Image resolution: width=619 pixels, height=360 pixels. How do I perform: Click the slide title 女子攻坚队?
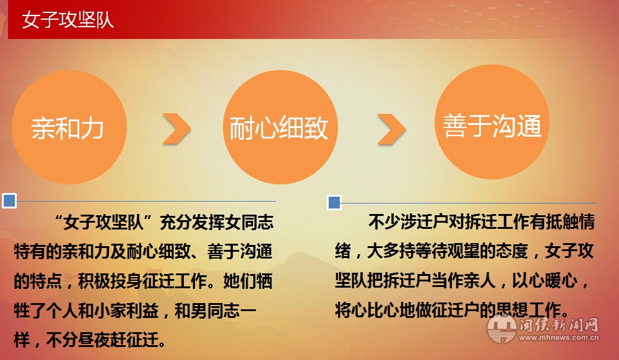click(67, 20)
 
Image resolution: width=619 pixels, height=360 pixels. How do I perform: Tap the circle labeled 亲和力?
click(69, 127)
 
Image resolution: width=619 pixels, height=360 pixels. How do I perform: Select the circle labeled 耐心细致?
click(280, 127)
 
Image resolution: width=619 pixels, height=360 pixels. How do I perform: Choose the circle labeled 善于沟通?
click(492, 122)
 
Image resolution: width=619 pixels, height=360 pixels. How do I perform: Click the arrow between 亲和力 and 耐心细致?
click(176, 129)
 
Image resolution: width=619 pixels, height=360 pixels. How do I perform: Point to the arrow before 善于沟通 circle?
click(391, 129)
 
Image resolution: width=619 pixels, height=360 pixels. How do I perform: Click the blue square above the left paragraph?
click(9, 200)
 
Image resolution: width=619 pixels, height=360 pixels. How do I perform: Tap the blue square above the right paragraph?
click(334, 203)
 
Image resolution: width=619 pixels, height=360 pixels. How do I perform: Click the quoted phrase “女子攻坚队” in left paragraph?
click(104, 223)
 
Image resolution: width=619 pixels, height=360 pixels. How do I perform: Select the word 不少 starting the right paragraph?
click(384, 221)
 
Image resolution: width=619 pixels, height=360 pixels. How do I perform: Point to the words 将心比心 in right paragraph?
click(367, 310)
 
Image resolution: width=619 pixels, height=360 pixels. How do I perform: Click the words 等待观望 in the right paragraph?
click(448, 251)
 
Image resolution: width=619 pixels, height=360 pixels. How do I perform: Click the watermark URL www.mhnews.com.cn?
click(558, 338)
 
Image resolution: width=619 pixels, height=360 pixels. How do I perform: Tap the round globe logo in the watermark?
click(502, 328)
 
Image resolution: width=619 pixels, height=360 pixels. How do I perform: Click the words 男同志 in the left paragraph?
click(215, 311)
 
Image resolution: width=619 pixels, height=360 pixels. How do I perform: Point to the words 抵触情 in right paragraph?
click(570, 221)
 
